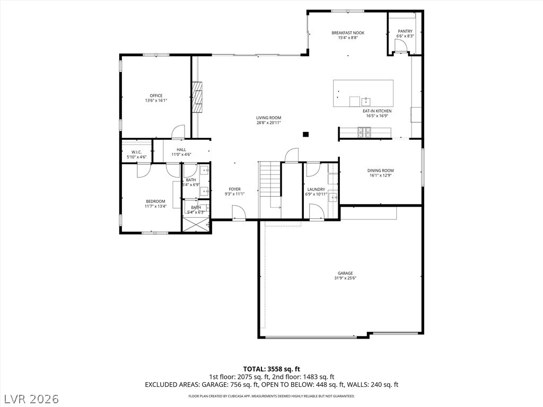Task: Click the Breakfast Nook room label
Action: pos(348,33)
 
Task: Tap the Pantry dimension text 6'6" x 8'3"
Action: pos(405,36)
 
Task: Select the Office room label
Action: pos(156,95)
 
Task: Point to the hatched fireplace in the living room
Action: pos(197,98)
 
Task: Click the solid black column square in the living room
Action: pos(306,134)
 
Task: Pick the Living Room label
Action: pos(269,118)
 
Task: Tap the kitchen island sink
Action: pos(366,102)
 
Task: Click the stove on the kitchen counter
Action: pos(364,131)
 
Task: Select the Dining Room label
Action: pos(381,170)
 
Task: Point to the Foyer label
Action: pos(235,189)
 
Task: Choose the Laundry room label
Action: pos(316,189)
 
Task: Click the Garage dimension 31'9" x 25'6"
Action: pos(346,278)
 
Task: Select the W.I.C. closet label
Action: pos(137,152)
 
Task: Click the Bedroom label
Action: pos(155,201)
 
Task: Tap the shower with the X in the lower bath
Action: pos(196,225)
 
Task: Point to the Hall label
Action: pos(181,150)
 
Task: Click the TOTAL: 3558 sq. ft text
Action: pos(271,369)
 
